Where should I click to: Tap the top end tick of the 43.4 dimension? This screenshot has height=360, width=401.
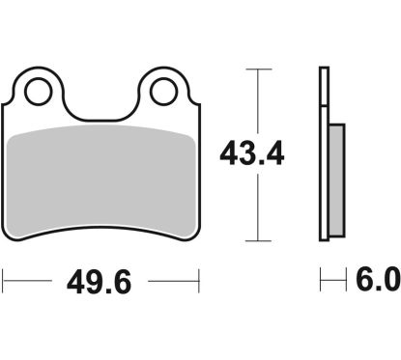tap(255, 69)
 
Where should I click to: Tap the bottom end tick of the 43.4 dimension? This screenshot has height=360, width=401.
tap(255, 240)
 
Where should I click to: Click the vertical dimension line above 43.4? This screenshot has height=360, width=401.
tap(255, 101)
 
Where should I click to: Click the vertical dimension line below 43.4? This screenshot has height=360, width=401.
tap(255, 208)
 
